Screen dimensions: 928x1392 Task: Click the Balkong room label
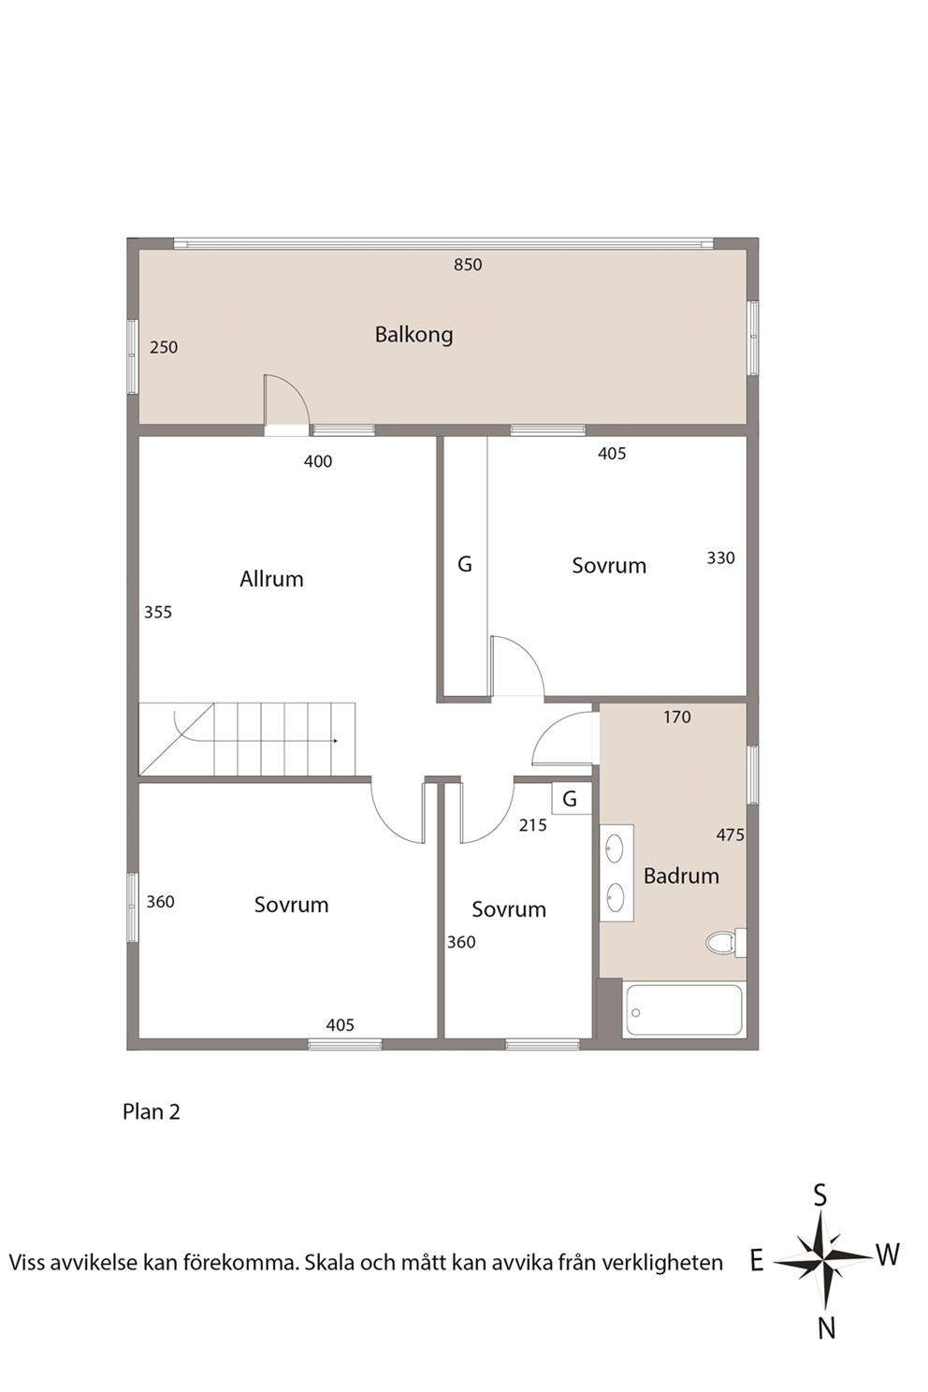coord(413,335)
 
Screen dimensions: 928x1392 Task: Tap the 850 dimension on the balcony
coord(468,265)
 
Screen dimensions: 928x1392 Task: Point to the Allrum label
coord(271,579)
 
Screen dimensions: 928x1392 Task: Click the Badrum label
coord(681,877)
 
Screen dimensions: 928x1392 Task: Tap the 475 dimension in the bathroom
coord(730,834)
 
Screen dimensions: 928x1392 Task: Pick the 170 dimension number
coord(677,718)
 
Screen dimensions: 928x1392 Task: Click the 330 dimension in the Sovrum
coord(720,558)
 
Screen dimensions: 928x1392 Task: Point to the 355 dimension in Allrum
coord(158,613)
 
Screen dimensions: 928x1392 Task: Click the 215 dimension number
coord(532,825)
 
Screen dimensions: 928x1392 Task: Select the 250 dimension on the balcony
coord(164,347)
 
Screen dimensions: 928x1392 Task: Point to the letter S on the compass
coord(820,1196)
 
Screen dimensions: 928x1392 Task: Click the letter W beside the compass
coord(888,1255)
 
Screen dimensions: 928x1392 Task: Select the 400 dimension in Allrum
coord(318,462)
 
